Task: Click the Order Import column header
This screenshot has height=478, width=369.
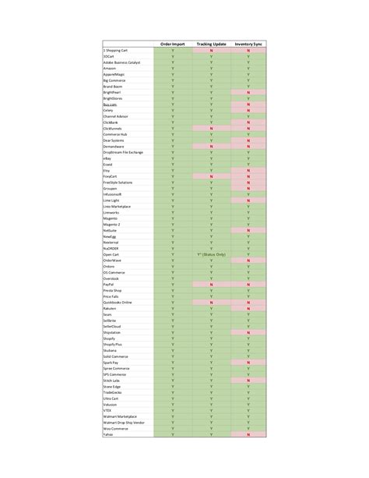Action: click(x=172, y=44)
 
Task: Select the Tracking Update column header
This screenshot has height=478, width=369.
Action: click(x=211, y=44)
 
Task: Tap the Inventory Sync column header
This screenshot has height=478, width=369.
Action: click(x=248, y=44)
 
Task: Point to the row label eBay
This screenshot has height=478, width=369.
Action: click(x=107, y=158)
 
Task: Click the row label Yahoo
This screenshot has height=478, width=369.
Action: click(x=108, y=434)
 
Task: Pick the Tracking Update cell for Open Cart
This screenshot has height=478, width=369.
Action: click(x=211, y=254)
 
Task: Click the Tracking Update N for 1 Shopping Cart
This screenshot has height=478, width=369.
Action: click(x=211, y=51)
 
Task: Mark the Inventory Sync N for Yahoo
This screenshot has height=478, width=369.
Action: click(x=248, y=434)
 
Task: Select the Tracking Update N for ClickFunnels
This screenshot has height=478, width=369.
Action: click(x=211, y=128)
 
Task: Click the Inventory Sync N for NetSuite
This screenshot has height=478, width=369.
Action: click(x=248, y=230)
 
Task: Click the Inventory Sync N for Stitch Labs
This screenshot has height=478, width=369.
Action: click(x=248, y=380)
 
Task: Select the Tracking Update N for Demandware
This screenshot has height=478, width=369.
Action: click(x=211, y=146)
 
